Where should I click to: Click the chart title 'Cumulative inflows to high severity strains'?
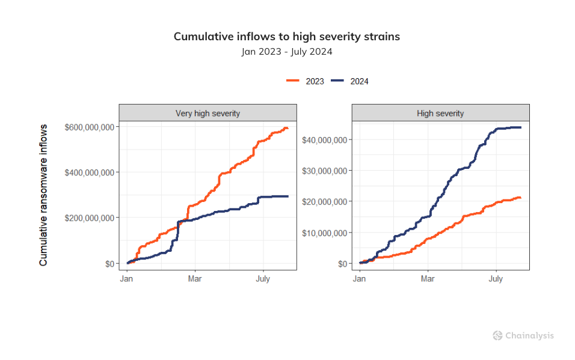click(x=287, y=37)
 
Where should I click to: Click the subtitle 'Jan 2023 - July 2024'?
click(x=287, y=52)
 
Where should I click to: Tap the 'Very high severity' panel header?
click(x=208, y=113)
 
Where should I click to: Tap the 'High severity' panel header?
click(x=440, y=113)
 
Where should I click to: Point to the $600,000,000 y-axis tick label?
click(x=90, y=127)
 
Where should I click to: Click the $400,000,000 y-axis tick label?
click(x=90, y=172)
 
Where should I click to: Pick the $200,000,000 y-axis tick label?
click(x=90, y=218)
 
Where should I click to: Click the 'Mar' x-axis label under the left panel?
click(x=194, y=279)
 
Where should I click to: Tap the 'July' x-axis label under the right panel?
click(x=496, y=279)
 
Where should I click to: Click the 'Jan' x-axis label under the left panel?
click(x=127, y=279)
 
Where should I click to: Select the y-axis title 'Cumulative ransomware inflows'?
click(x=43, y=195)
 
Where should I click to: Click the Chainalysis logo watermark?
click(x=523, y=336)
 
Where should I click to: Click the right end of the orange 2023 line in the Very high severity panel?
click(x=287, y=129)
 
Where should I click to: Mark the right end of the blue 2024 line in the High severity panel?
click(x=520, y=127)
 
